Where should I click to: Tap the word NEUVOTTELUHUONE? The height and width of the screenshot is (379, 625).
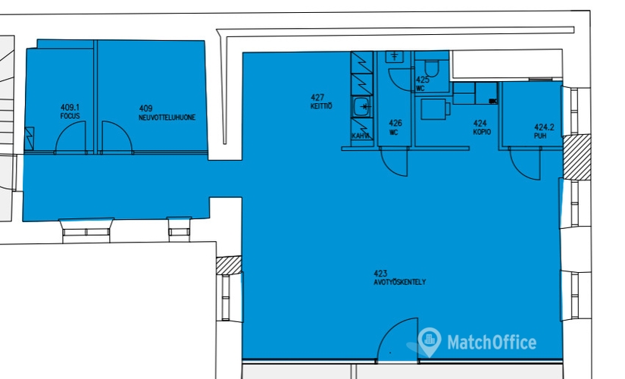pos(167,117)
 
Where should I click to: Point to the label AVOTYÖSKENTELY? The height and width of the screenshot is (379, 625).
pos(399,282)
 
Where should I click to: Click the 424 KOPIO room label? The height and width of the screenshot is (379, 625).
pos(481,127)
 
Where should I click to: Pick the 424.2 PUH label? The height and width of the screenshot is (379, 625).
pos(541,131)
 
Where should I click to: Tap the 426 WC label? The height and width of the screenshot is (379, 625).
pos(395,127)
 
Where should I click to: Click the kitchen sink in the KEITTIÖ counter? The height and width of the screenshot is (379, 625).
pos(361,107)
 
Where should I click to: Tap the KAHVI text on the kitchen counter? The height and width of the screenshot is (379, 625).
pos(361,136)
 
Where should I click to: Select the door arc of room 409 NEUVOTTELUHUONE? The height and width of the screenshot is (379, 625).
pos(116,138)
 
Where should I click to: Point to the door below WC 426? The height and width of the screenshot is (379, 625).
pos(392,160)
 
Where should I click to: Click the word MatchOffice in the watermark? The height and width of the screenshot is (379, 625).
pos(491,343)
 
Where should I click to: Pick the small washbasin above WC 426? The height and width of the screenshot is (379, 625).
pos(395,57)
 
